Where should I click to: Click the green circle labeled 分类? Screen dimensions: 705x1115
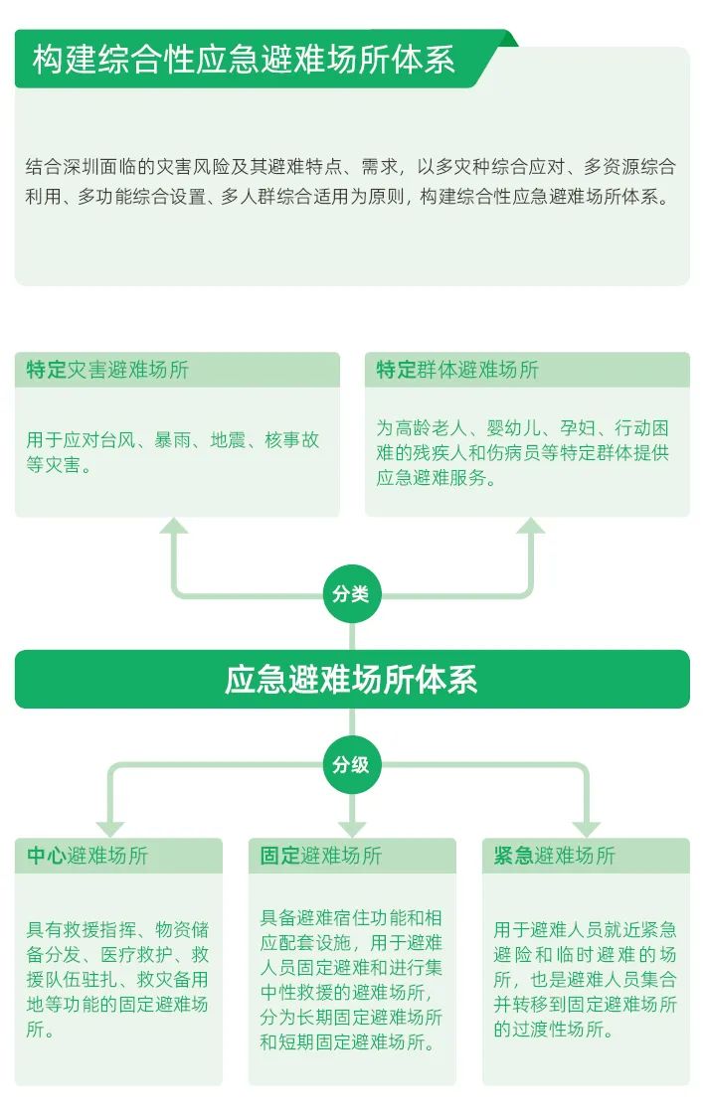[x=351, y=593]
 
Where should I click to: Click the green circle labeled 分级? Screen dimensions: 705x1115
[x=351, y=764]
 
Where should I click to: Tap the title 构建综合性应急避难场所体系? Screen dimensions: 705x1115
[x=244, y=59]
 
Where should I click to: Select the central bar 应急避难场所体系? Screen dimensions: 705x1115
[x=352, y=679]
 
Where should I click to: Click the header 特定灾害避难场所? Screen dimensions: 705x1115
[x=107, y=370]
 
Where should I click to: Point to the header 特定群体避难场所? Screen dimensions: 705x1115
[x=457, y=370]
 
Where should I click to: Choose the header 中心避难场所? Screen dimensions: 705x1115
[x=88, y=856]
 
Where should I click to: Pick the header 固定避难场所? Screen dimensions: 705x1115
[x=321, y=856]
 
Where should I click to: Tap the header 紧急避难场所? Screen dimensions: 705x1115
[x=554, y=856]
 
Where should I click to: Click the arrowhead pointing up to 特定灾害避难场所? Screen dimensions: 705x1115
[x=174, y=527]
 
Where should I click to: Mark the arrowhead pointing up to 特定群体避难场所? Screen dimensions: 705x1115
[x=531, y=527]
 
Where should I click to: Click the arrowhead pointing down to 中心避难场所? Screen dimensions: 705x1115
[x=110, y=829]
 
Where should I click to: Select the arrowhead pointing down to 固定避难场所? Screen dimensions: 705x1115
[x=352, y=829]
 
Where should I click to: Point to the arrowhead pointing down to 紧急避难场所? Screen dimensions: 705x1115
[x=587, y=829]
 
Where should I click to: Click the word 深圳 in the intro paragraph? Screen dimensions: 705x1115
[x=81, y=167]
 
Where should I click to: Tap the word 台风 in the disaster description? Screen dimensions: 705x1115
[x=117, y=440]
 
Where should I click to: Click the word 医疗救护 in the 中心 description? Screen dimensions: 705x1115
[x=137, y=954]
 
